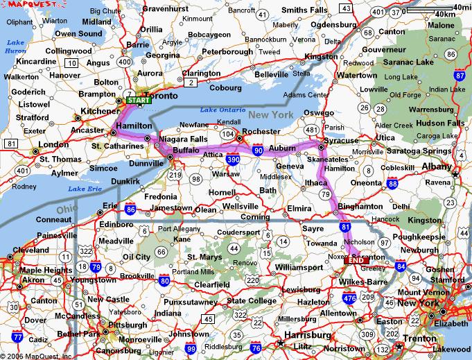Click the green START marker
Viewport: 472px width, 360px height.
pos(139,100)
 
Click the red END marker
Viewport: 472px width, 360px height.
pos(356,259)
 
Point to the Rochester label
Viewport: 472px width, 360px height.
pos(261,131)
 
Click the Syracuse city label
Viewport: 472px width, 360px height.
pos(342,140)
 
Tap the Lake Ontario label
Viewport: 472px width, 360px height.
pos(222,110)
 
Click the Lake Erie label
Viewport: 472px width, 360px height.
pos(85,189)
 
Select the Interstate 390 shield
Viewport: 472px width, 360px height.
pos(232,160)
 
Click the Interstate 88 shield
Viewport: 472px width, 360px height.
pos(392,182)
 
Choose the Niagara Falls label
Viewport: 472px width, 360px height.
pos(184,139)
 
